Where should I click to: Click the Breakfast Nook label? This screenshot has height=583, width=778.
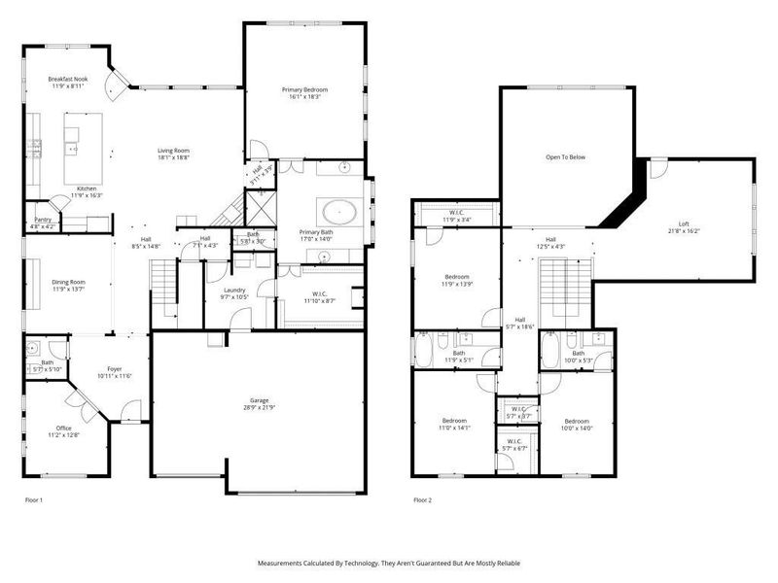click(68, 79)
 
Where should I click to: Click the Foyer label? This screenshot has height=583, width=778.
click(115, 369)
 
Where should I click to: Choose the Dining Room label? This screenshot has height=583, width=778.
click(68, 282)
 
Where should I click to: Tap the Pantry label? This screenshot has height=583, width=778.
click(43, 221)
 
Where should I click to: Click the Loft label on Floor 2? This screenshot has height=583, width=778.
click(685, 225)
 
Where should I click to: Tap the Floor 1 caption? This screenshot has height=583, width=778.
click(34, 499)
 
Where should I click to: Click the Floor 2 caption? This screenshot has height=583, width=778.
click(422, 499)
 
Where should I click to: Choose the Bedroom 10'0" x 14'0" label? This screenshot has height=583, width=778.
click(576, 422)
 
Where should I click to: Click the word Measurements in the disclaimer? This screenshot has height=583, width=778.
click(284, 563)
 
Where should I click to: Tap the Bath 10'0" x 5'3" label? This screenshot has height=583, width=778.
click(578, 355)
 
